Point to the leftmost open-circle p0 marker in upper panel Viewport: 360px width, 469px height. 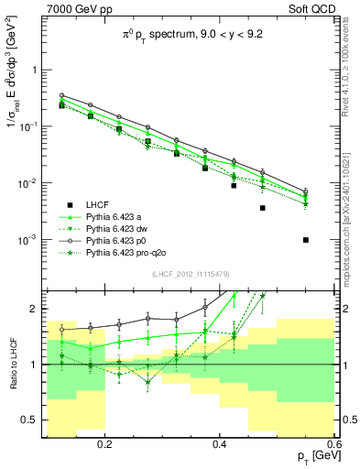coord(61,95)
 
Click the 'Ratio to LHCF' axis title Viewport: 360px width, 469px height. coord(11,364)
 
